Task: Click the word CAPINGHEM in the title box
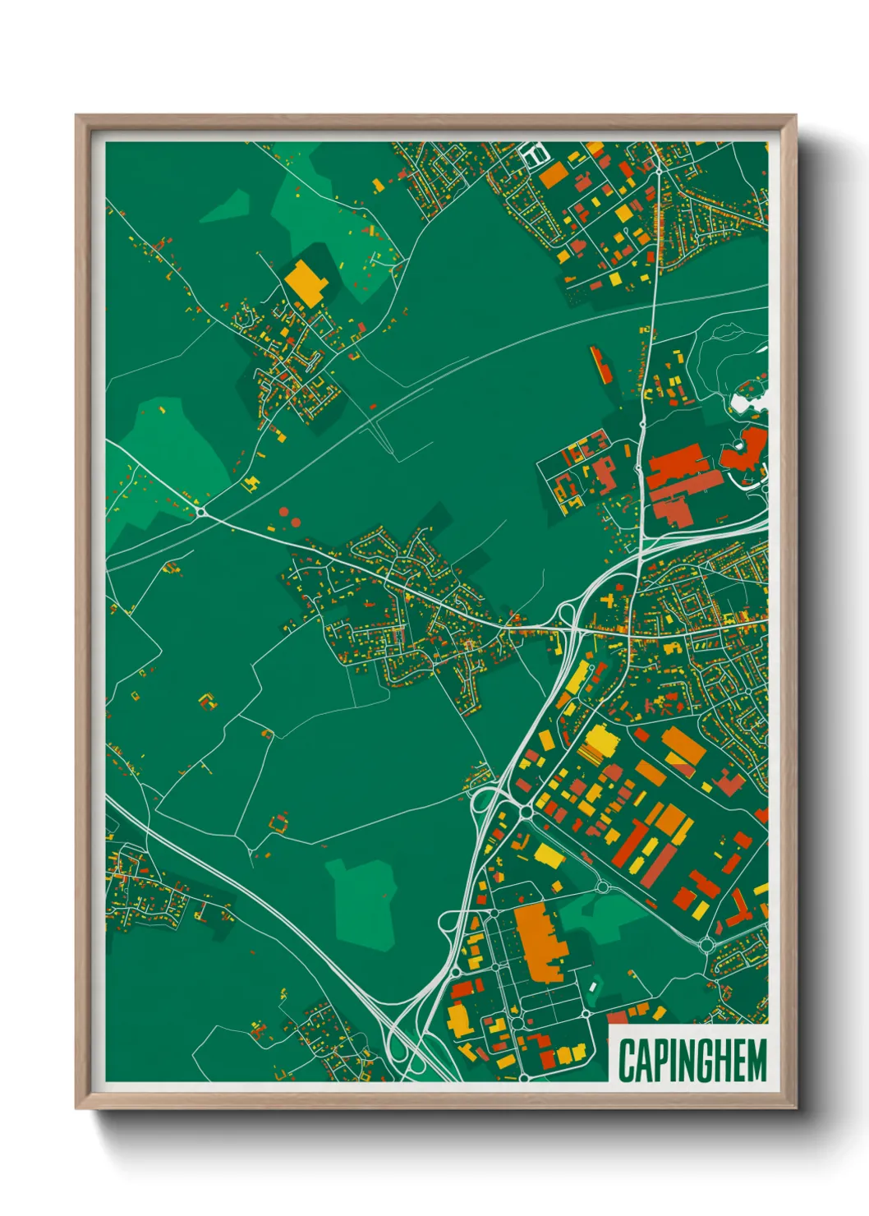[692, 1060]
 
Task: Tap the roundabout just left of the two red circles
[201, 512]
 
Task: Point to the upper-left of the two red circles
[284, 512]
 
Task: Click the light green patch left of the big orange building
[362, 902]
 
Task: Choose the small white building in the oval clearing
[593, 984]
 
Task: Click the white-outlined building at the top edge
[532, 153]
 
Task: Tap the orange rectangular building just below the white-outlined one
[553, 174]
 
